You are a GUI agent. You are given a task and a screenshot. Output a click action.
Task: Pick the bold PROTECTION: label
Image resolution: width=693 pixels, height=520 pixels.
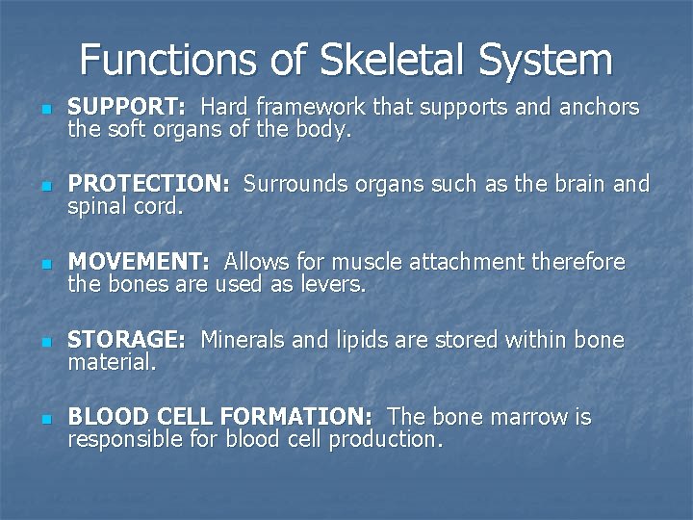point(148,184)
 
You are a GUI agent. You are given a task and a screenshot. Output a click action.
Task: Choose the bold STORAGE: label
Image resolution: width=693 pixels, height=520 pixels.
point(126,340)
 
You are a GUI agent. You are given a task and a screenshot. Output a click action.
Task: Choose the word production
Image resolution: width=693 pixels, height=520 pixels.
point(385,441)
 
